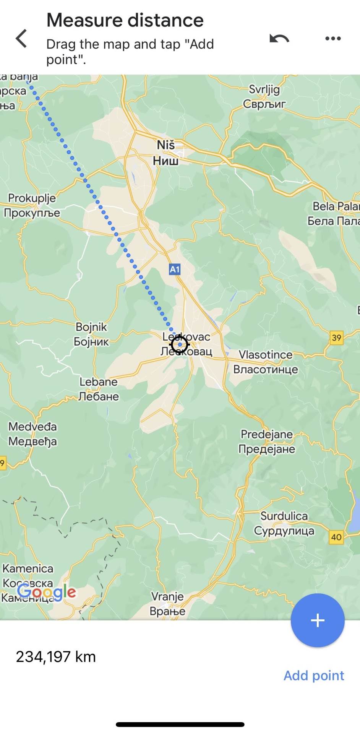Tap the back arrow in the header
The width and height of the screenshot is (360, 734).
pyautogui.click(x=21, y=39)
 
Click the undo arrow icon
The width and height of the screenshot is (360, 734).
pyautogui.click(x=279, y=39)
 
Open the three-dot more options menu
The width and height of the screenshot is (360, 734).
pyautogui.click(x=333, y=39)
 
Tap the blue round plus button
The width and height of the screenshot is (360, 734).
pyautogui.click(x=318, y=620)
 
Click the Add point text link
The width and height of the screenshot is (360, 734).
pyautogui.click(x=314, y=676)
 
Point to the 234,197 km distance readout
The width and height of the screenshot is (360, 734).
pyautogui.click(x=56, y=657)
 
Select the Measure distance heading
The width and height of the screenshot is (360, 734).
pyautogui.click(x=125, y=20)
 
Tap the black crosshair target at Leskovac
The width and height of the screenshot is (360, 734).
pyautogui.click(x=180, y=344)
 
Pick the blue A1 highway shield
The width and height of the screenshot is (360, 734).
pyautogui.click(x=175, y=270)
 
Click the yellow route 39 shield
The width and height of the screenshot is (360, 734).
pyautogui.click(x=336, y=338)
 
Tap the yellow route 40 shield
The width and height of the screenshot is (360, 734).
pyautogui.click(x=336, y=537)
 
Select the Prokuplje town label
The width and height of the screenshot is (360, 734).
pyautogui.click(x=32, y=205)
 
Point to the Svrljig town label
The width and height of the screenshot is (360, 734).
pyautogui.click(x=264, y=96)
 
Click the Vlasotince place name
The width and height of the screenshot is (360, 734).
pyautogui.click(x=266, y=362)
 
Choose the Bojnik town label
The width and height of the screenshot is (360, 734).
pyautogui.click(x=91, y=334)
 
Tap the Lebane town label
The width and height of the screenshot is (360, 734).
pyautogui.click(x=99, y=389)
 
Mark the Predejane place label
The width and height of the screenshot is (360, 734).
pyautogui.click(x=267, y=442)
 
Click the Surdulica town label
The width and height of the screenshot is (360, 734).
pyautogui.click(x=284, y=523)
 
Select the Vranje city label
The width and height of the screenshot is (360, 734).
pyautogui.click(x=167, y=604)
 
